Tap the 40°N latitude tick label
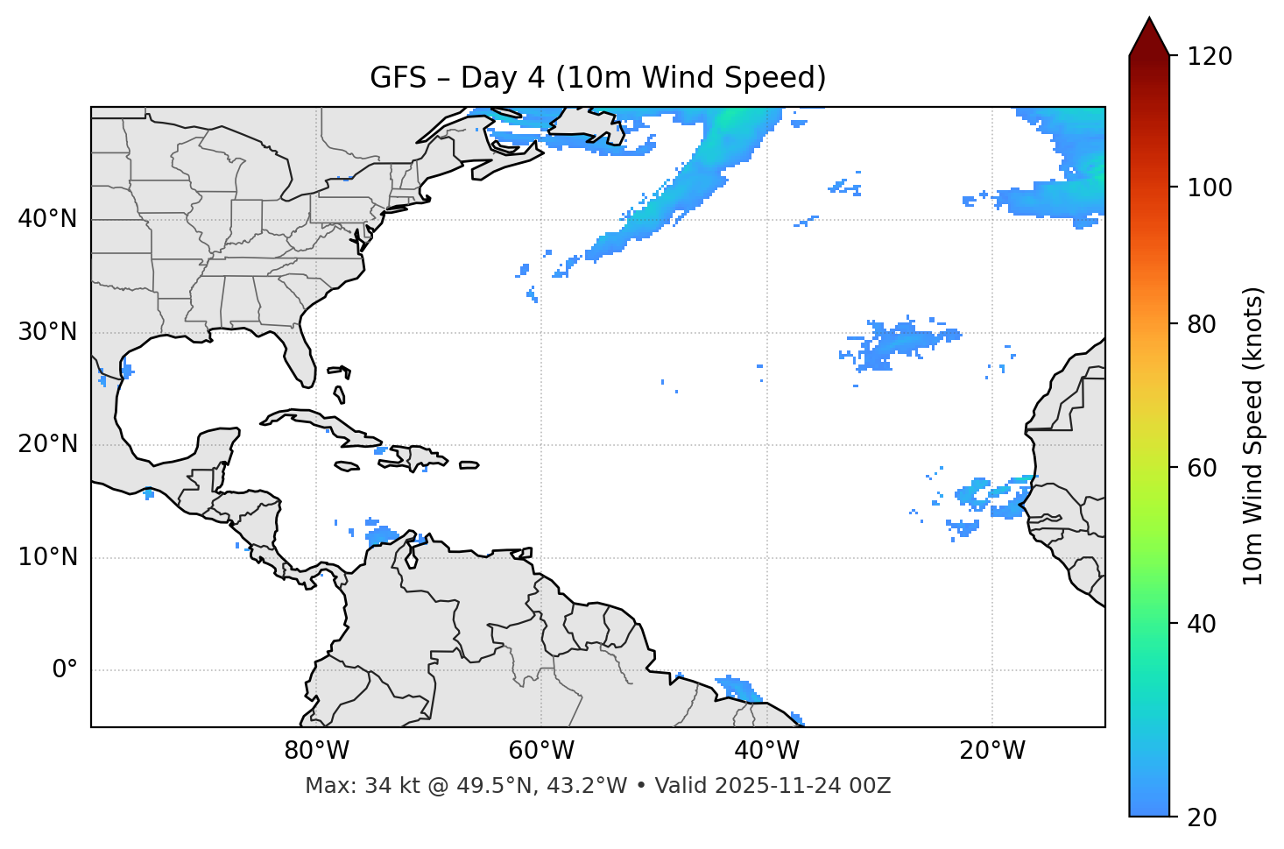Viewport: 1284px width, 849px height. click(x=47, y=219)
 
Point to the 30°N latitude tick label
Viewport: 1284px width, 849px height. click(x=47, y=332)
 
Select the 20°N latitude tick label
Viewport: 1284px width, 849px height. click(x=47, y=444)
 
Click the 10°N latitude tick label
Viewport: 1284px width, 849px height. click(x=47, y=557)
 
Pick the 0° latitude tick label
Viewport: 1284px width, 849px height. click(x=65, y=670)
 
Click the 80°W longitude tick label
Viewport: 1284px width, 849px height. click(x=316, y=751)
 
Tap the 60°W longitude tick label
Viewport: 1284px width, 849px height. click(x=541, y=751)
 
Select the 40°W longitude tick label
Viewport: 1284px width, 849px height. click(x=766, y=751)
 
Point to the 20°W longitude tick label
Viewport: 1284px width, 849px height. click(x=991, y=751)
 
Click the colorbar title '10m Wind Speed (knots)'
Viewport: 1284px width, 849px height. click(x=1253, y=435)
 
